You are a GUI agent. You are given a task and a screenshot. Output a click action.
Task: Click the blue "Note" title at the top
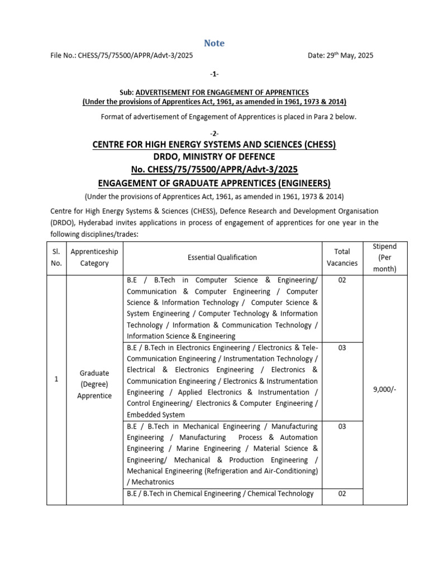[214, 43]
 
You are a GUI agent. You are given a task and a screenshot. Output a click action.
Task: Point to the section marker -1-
[214, 74]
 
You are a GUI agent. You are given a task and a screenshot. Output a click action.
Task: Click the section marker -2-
[214, 133]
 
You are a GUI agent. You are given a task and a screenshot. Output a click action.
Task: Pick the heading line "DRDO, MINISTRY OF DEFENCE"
[214, 157]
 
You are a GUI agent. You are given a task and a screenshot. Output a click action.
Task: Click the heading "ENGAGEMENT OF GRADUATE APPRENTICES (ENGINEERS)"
[214, 183]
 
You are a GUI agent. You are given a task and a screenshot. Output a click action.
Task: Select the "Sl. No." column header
[56, 257]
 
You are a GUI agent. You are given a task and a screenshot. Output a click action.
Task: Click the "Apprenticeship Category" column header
[94, 257]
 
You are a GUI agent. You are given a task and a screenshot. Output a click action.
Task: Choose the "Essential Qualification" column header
[222, 257]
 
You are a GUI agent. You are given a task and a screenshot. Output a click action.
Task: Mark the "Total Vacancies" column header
[342, 257]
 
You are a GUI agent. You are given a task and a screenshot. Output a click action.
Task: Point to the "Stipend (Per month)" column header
[385, 257]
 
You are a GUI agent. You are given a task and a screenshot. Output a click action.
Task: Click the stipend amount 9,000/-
[384, 390]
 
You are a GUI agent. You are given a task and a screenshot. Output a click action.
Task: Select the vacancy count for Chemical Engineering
[342, 494]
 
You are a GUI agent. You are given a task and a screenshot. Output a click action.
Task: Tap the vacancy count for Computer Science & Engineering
[342, 280]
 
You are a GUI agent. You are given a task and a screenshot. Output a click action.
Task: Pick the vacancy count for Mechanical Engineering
[342, 426]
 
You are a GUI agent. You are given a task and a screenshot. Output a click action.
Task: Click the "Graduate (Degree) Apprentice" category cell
[94, 384]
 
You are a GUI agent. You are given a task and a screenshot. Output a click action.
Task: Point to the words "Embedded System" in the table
[155, 415]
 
